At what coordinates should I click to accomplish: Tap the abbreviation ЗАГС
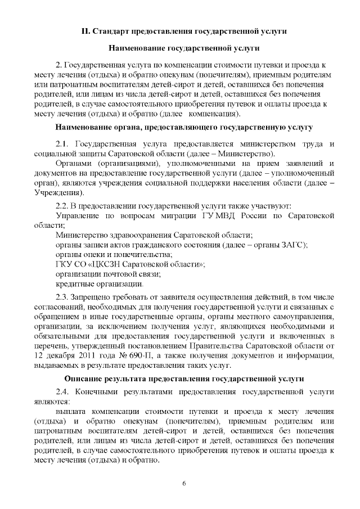(x=295, y=245)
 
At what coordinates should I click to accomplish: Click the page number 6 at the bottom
(x=184, y=484)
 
